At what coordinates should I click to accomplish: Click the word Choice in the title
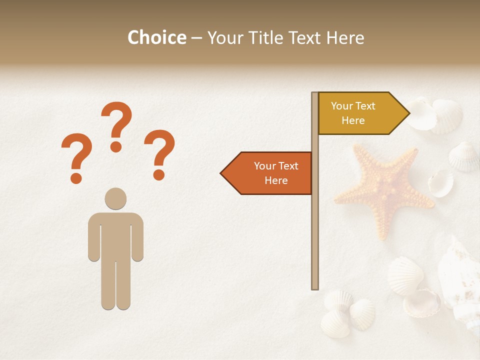156,38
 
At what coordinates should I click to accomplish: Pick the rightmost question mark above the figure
159,153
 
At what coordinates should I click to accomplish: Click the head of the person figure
115,198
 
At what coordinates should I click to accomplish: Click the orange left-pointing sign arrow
270,173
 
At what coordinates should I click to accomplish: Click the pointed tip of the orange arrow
221,173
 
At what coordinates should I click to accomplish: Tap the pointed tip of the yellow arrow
408,113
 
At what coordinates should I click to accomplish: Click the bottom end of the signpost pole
315,287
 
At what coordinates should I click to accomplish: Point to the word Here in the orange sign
276,180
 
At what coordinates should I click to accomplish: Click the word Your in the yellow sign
342,106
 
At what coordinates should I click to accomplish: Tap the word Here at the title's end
345,38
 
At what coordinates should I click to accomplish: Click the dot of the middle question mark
116,146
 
